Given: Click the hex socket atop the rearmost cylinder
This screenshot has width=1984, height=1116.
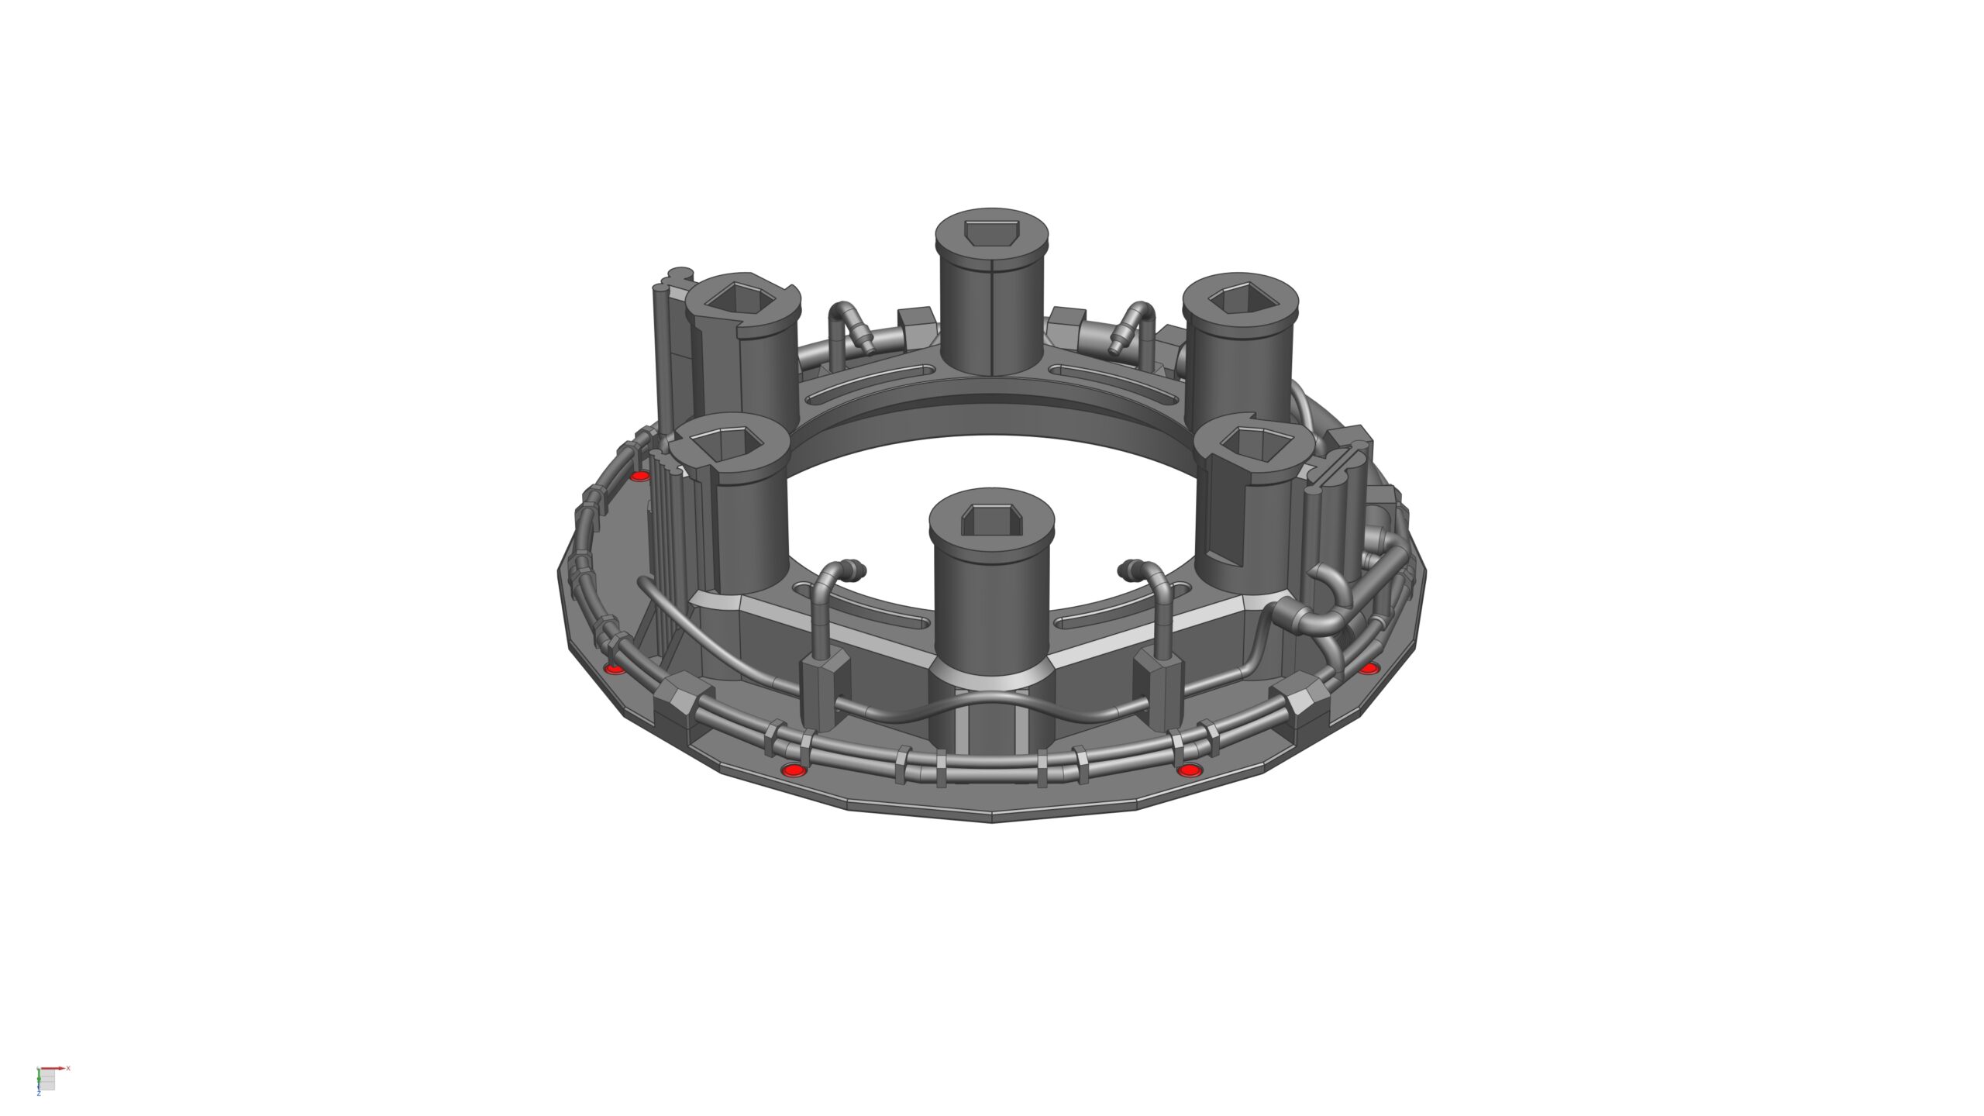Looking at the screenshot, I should click(x=992, y=232).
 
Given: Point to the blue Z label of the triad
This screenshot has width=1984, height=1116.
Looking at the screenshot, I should click(x=39, y=1094).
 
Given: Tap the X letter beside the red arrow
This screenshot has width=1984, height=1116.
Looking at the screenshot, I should click(x=68, y=1068).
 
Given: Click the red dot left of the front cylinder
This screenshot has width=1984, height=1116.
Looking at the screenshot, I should click(x=793, y=770).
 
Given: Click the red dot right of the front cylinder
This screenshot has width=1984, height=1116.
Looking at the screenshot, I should click(x=1189, y=770).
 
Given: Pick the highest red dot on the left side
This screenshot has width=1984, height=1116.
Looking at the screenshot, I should click(x=639, y=476).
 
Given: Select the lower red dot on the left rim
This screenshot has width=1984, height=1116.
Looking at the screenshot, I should click(x=614, y=668).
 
